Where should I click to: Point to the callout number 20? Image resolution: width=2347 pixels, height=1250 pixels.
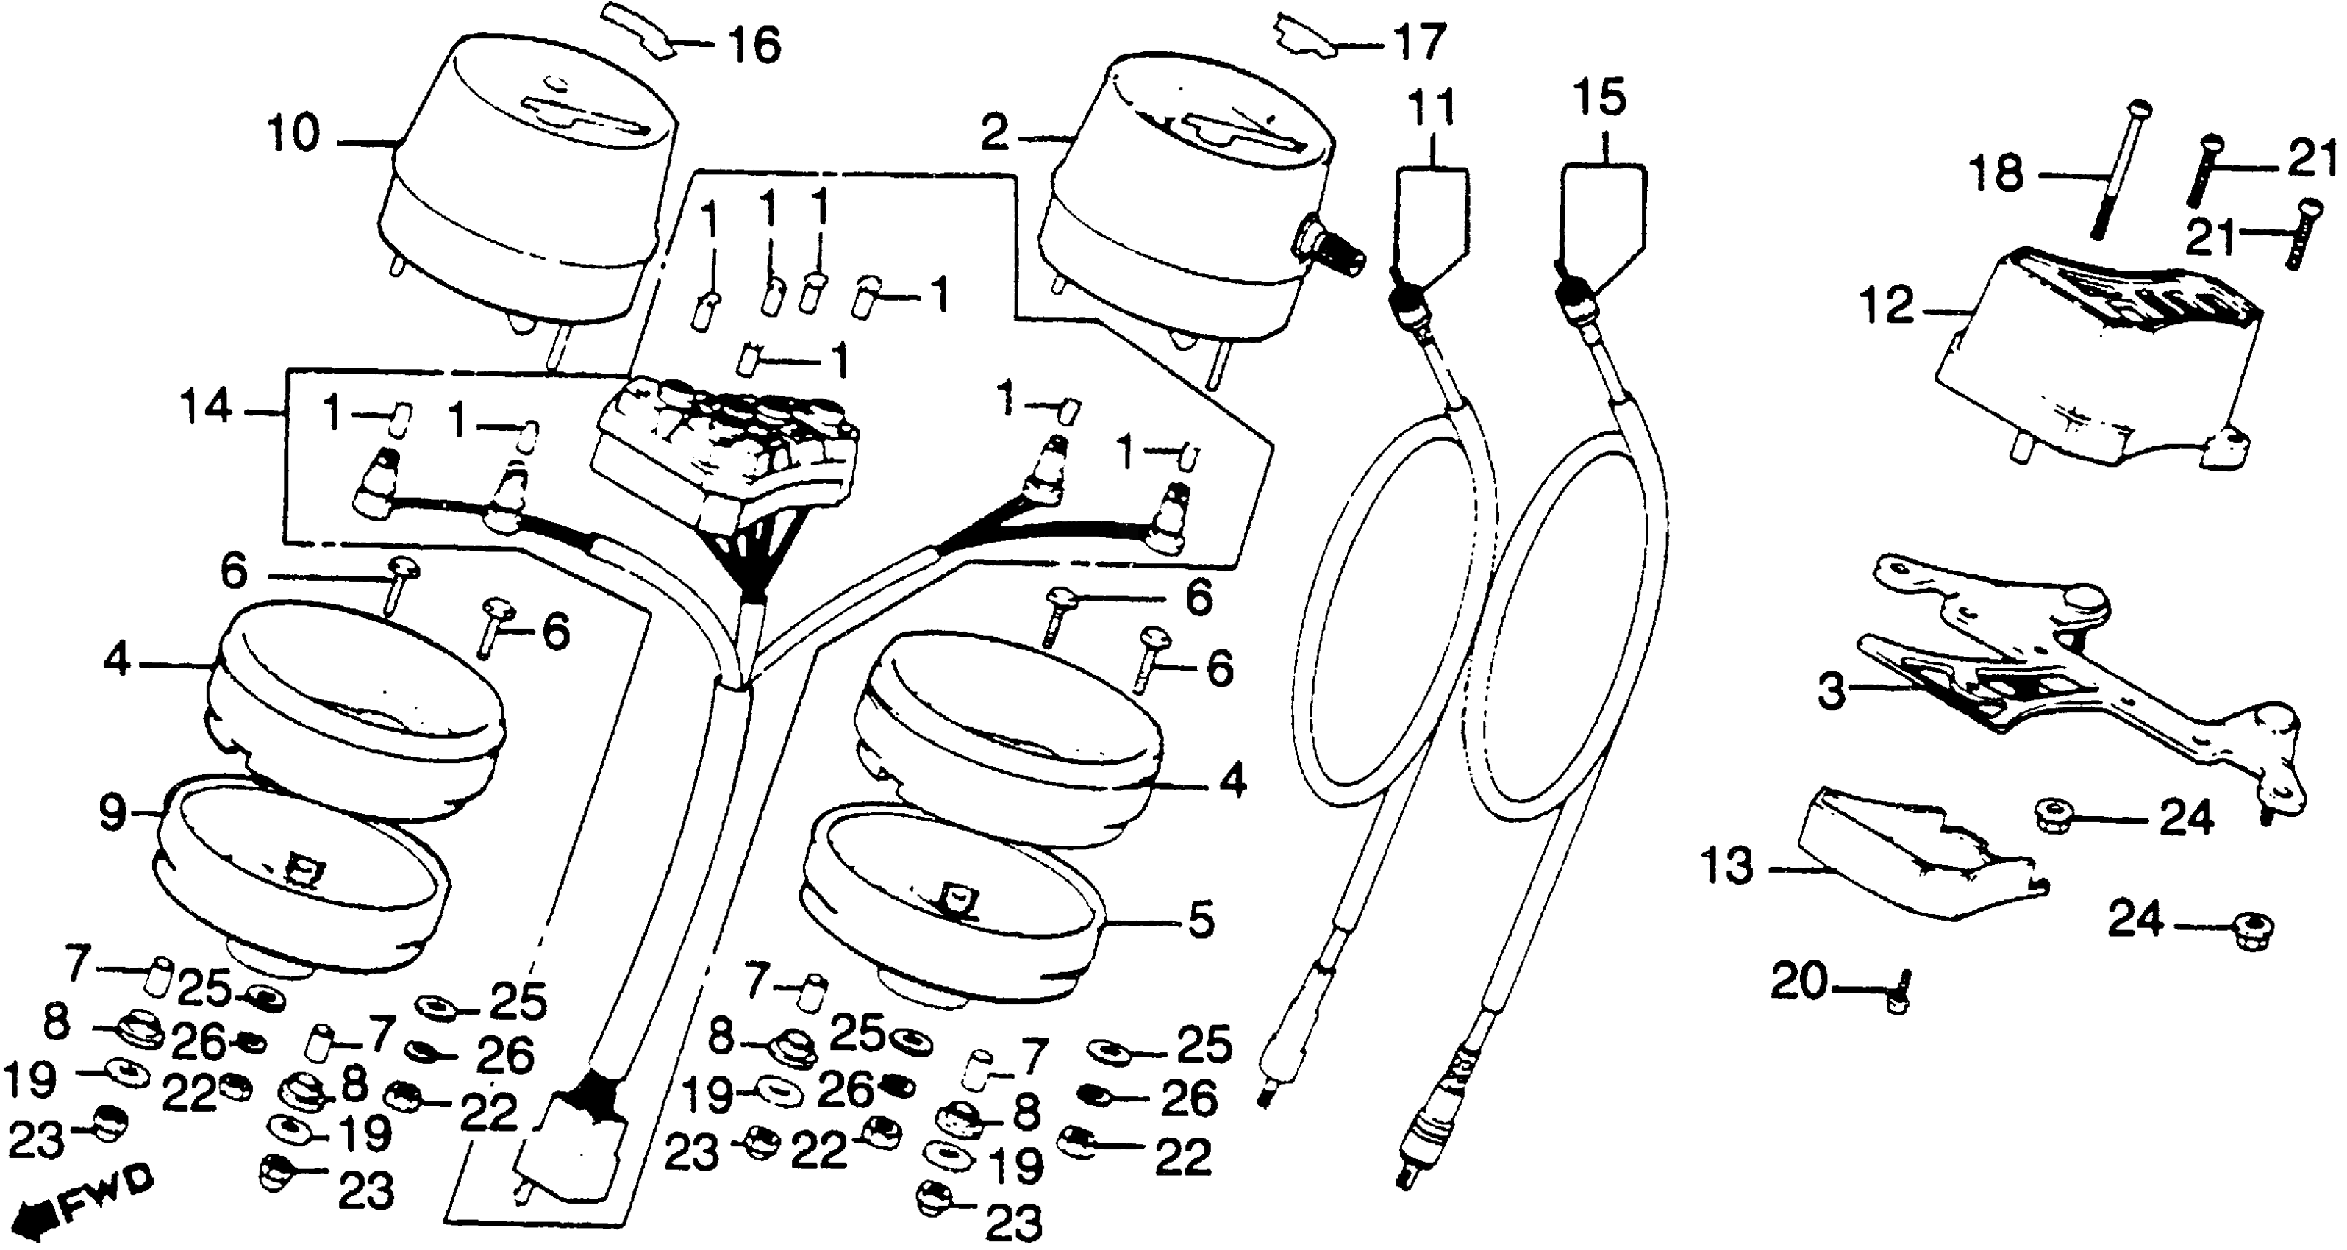pyautogui.click(x=1798, y=983)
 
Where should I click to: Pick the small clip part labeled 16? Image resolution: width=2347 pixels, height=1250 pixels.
pyautogui.click(x=643, y=30)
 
